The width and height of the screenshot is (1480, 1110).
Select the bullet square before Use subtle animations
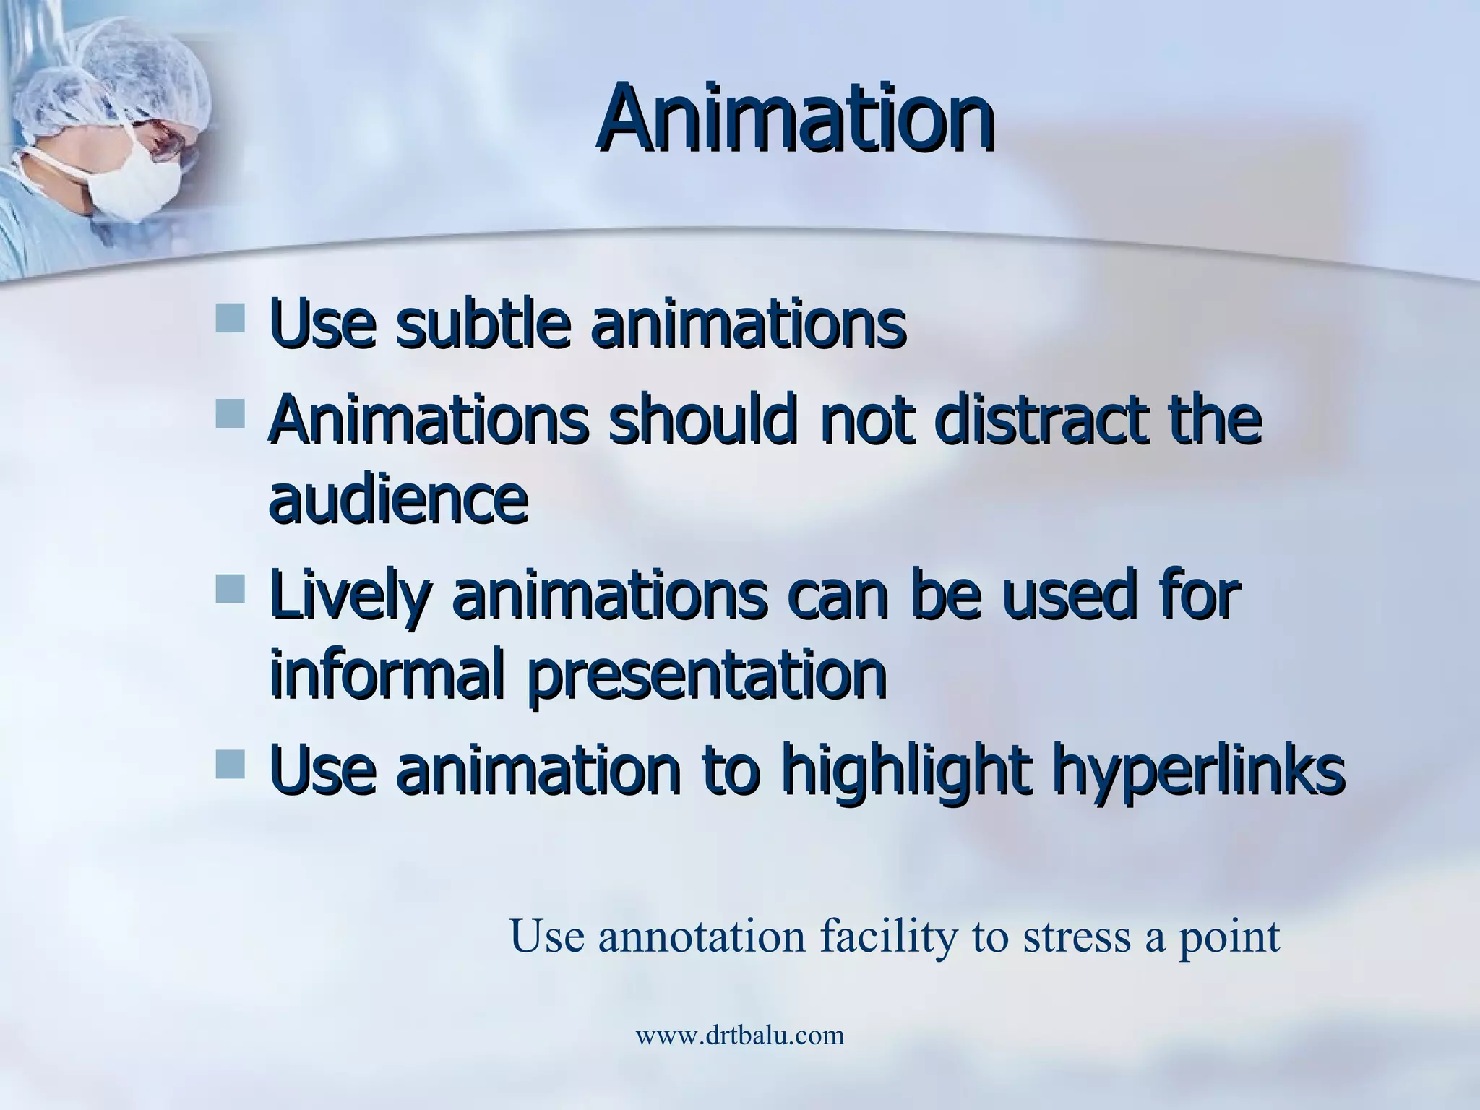tap(230, 318)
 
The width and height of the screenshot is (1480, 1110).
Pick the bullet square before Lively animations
tap(230, 589)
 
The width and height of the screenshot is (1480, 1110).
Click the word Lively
tap(351, 597)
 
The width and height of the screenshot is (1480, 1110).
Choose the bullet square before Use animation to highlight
tap(230, 764)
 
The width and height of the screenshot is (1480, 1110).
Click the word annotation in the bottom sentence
tap(701, 937)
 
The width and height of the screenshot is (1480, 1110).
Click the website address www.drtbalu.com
tap(739, 1035)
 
